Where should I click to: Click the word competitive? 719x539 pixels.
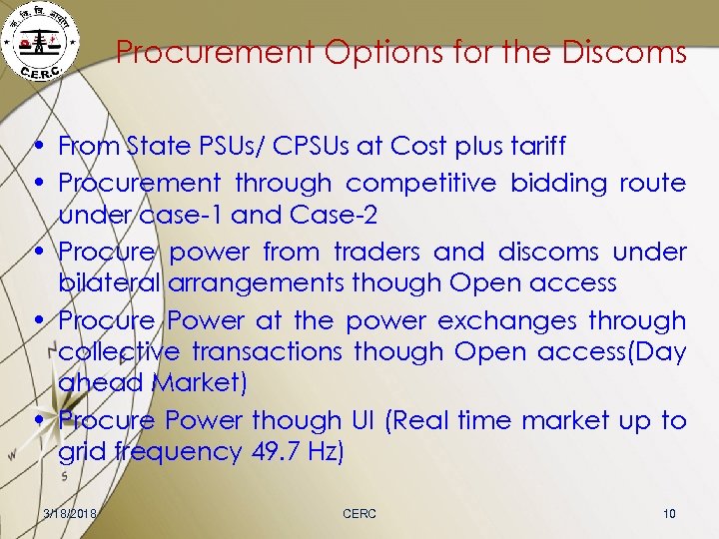click(420, 183)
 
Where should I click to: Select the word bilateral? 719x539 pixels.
click(110, 282)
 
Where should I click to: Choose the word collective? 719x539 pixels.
click(119, 351)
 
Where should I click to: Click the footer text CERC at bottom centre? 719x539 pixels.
click(359, 513)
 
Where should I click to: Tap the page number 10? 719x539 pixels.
click(669, 513)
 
